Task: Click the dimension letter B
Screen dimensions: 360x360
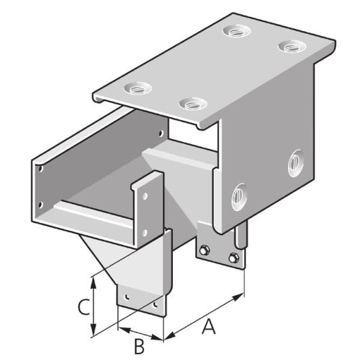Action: [139, 347]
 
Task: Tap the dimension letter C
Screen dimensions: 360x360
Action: [84, 307]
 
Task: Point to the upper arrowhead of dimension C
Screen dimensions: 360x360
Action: [94, 283]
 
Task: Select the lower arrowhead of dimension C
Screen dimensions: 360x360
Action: [94, 329]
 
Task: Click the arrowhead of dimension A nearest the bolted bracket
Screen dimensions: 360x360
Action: [238, 297]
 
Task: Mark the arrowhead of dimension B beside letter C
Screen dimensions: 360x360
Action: [124, 330]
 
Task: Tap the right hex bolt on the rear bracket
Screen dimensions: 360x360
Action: [233, 258]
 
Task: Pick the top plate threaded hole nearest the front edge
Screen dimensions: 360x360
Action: [192, 103]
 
